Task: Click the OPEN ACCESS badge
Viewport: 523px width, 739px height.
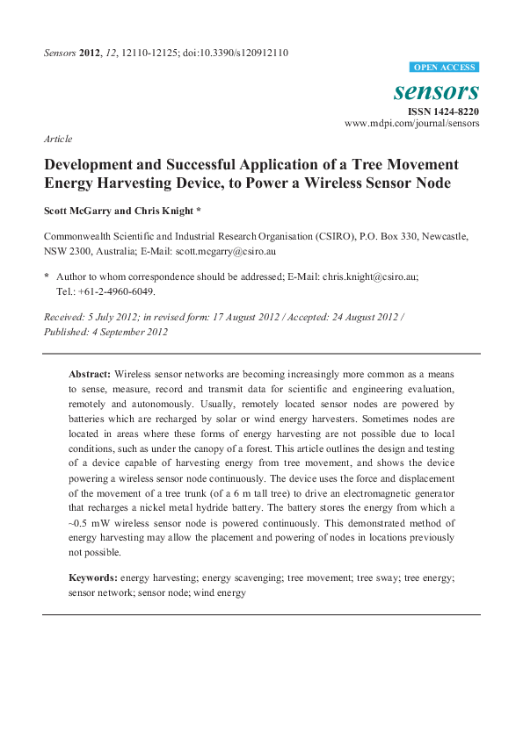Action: (444, 68)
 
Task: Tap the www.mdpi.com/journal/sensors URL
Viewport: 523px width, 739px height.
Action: (411, 125)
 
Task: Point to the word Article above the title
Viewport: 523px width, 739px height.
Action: (58, 139)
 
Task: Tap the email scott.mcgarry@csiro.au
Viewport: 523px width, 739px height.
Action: (225, 251)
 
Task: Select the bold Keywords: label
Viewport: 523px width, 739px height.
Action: (93, 578)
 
